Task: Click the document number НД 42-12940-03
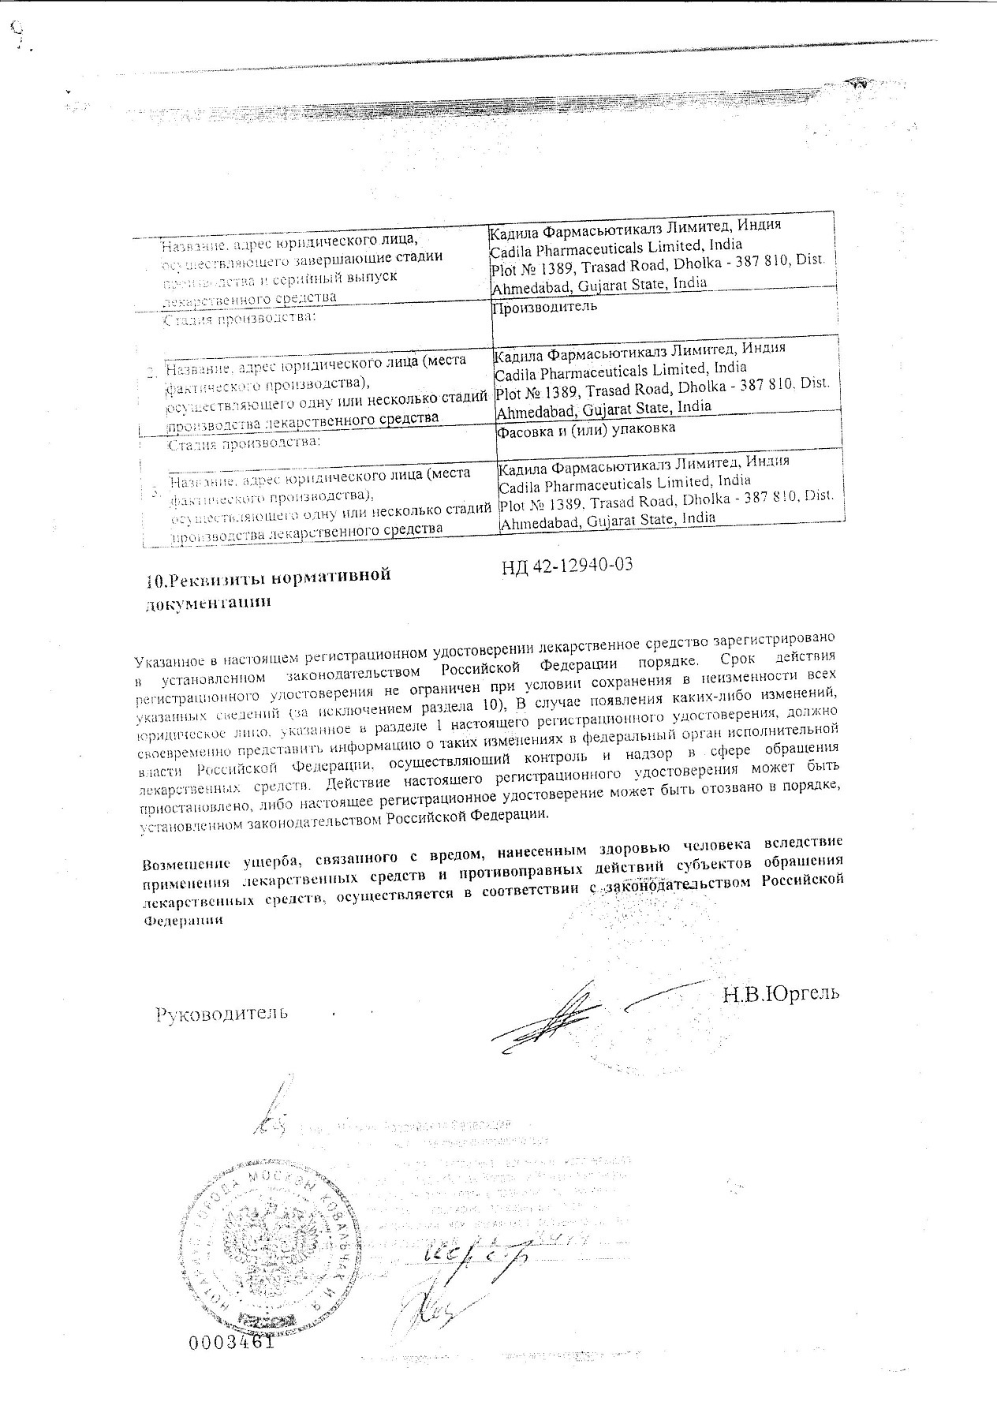point(568,566)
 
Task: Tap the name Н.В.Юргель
point(781,992)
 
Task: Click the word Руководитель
point(221,1012)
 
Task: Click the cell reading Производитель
point(544,307)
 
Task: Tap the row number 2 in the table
point(152,372)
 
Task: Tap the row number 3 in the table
point(156,491)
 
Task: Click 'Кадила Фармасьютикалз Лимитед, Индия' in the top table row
point(635,225)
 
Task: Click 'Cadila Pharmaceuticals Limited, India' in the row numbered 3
point(625,480)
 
